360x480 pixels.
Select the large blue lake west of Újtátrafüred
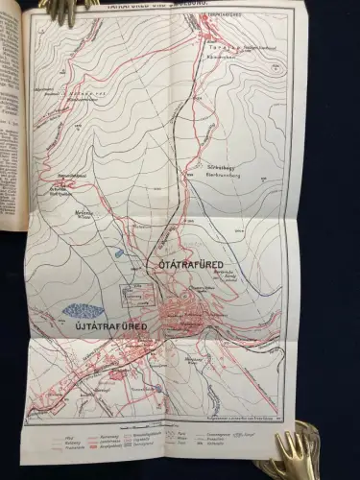(x=85, y=310)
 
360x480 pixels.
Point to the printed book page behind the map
(x=12, y=144)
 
